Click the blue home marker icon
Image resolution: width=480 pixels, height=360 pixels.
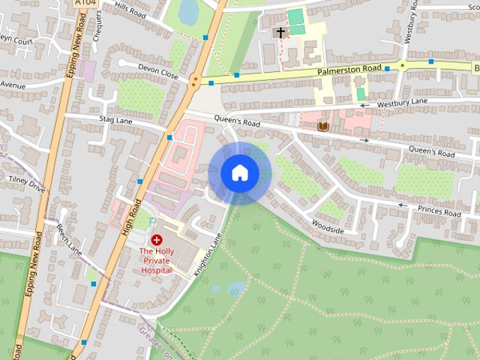[x=239, y=173]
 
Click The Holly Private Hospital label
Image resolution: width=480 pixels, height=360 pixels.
[x=156, y=259]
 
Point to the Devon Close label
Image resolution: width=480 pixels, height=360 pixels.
[x=157, y=71]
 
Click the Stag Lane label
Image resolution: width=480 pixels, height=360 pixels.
[x=115, y=118]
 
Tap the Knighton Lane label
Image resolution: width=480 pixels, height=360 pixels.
[x=208, y=255]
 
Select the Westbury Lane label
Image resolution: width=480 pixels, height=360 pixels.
[x=403, y=103]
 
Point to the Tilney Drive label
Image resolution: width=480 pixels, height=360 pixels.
[x=26, y=184]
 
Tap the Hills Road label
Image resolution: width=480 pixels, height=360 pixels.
[x=129, y=8]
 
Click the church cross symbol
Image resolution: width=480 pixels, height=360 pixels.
[x=281, y=32]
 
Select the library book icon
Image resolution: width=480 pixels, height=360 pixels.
[x=323, y=126]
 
